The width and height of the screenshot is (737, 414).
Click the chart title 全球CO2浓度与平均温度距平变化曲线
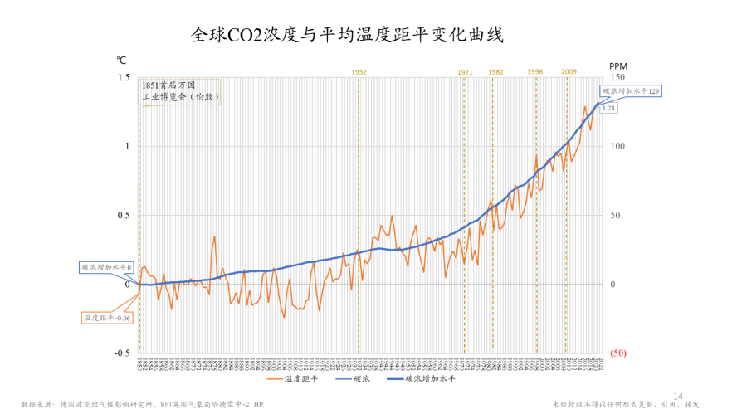[348, 36]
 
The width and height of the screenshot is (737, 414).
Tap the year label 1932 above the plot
[359, 72]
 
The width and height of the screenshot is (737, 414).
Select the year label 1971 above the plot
[465, 72]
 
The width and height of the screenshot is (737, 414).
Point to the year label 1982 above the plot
[495, 72]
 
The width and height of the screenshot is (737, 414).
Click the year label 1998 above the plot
[534, 72]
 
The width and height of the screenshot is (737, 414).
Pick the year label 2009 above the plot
[569, 72]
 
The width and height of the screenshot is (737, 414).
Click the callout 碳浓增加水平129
[630, 91]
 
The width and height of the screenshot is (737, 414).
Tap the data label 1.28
[608, 108]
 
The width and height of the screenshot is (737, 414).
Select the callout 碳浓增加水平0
[107, 268]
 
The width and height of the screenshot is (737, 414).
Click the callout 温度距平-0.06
[108, 318]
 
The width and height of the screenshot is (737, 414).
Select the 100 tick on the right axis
[617, 147]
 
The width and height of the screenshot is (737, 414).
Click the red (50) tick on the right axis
[617, 353]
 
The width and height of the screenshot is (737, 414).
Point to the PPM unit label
[618, 66]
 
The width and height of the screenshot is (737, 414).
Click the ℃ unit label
[121, 60]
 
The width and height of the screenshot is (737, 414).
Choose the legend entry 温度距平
[298, 379]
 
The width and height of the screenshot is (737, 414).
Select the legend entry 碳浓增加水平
[431, 379]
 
